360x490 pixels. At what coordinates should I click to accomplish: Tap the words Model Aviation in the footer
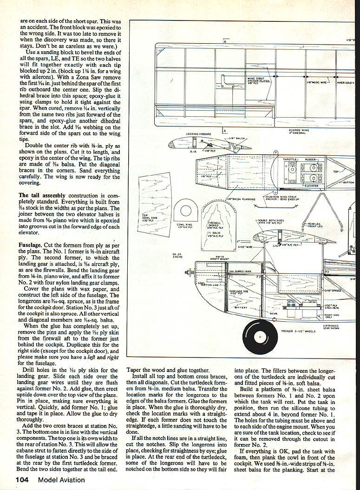pos(62,480)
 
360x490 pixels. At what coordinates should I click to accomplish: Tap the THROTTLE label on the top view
pos(290,159)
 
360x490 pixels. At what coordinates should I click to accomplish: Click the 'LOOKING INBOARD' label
pos(198,134)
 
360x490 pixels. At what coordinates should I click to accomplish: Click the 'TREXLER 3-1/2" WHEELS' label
pos(299,331)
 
